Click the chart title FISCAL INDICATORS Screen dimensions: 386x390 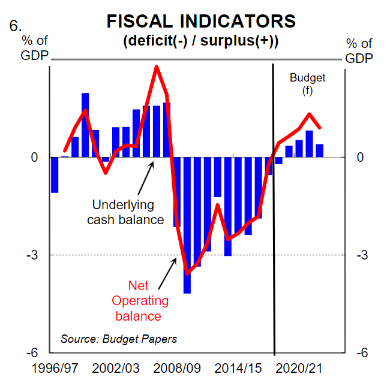(x=201, y=22)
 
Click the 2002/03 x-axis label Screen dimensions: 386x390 (x=118, y=367)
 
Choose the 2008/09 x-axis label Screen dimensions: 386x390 (x=178, y=367)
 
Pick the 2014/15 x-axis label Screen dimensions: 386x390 (x=238, y=367)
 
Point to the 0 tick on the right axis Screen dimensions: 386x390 (x=360, y=158)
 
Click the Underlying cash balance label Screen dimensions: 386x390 (x=125, y=212)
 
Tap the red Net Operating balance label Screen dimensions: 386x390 (x=139, y=301)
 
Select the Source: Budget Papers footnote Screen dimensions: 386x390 (x=119, y=339)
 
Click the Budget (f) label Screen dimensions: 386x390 (x=307, y=84)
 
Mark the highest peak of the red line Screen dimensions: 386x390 (x=157, y=67)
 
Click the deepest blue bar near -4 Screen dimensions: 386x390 (x=187, y=225)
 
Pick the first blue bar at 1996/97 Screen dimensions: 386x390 (x=55, y=175)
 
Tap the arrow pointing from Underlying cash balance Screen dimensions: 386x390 (x=145, y=176)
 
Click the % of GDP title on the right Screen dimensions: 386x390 (x=359, y=50)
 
